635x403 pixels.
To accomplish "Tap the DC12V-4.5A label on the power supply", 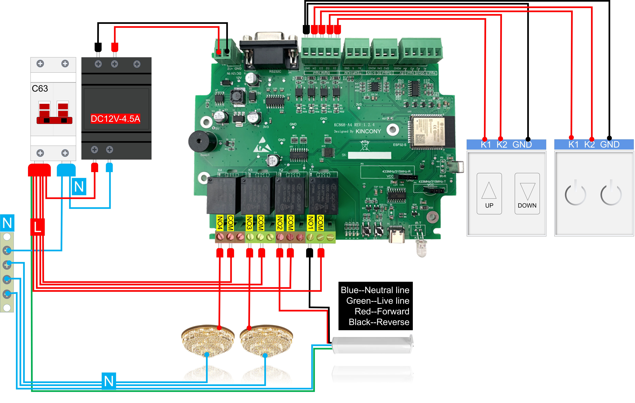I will coord(115,119).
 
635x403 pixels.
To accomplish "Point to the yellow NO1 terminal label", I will coord(311,223).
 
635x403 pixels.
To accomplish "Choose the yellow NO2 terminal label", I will coord(280,223).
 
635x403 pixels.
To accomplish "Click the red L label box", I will coord(37,227).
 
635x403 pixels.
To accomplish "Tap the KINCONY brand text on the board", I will coord(368,131).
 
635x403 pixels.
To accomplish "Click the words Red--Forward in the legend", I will coord(382,311).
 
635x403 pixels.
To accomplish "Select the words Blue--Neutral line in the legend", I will coord(375,290).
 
